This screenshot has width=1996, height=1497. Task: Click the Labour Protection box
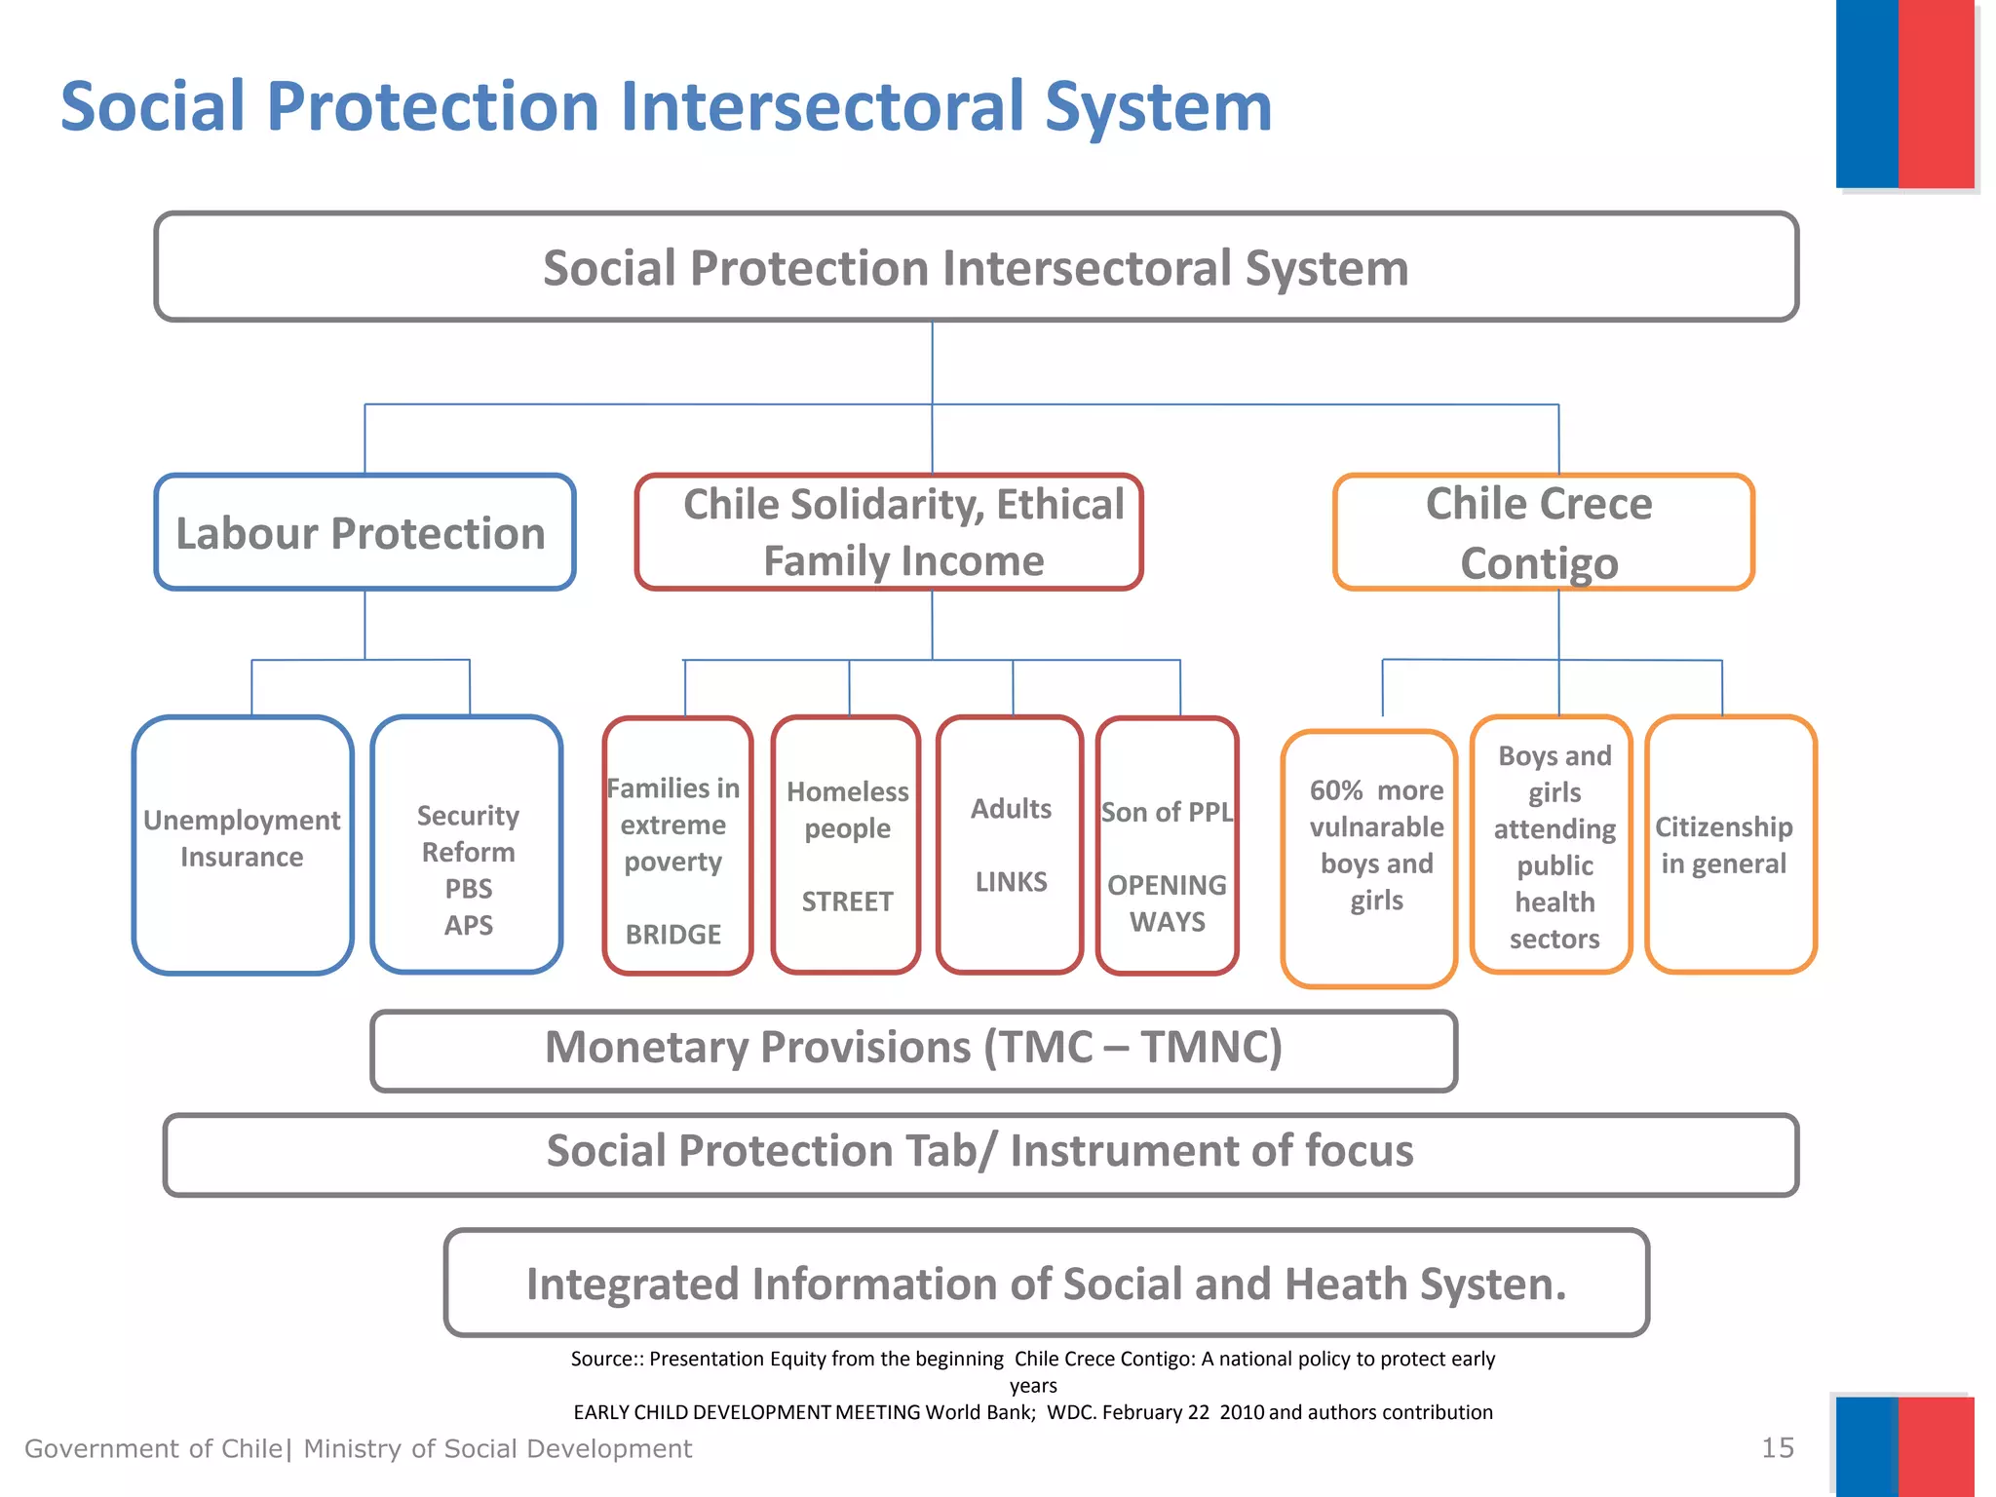(x=365, y=533)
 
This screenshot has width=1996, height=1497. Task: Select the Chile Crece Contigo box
(x=1543, y=533)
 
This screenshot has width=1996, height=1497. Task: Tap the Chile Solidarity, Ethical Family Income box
(x=888, y=533)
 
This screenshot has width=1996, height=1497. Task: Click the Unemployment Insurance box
(x=243, y=844)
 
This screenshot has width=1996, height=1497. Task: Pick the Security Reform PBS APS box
(x=468, y=844)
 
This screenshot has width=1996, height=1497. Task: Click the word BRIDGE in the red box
(x=673, y=935)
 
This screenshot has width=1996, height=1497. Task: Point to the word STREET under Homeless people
(x=847, y=902)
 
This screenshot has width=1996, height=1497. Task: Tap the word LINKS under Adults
(x=1011, y=882)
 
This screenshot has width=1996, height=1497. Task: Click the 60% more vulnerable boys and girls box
(x=1369, y=858)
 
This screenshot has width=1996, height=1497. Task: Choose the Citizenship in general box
(x=1730, y=844)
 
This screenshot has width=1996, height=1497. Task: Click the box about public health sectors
(x=1552, y=844)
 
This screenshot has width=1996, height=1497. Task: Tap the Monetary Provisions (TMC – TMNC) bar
(x=913, y=1050)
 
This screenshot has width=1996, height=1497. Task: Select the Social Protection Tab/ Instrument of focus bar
(x=979, y=1153)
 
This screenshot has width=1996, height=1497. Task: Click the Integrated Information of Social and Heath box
(x=1046, y=1283)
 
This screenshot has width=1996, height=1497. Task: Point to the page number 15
(x=1778, y=1447)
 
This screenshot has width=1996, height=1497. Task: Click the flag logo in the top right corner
(x=1904, y=94)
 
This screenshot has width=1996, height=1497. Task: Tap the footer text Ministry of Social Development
(x=497, y=1449)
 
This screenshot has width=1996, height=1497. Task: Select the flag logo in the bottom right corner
(x=1904, y=1446)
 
